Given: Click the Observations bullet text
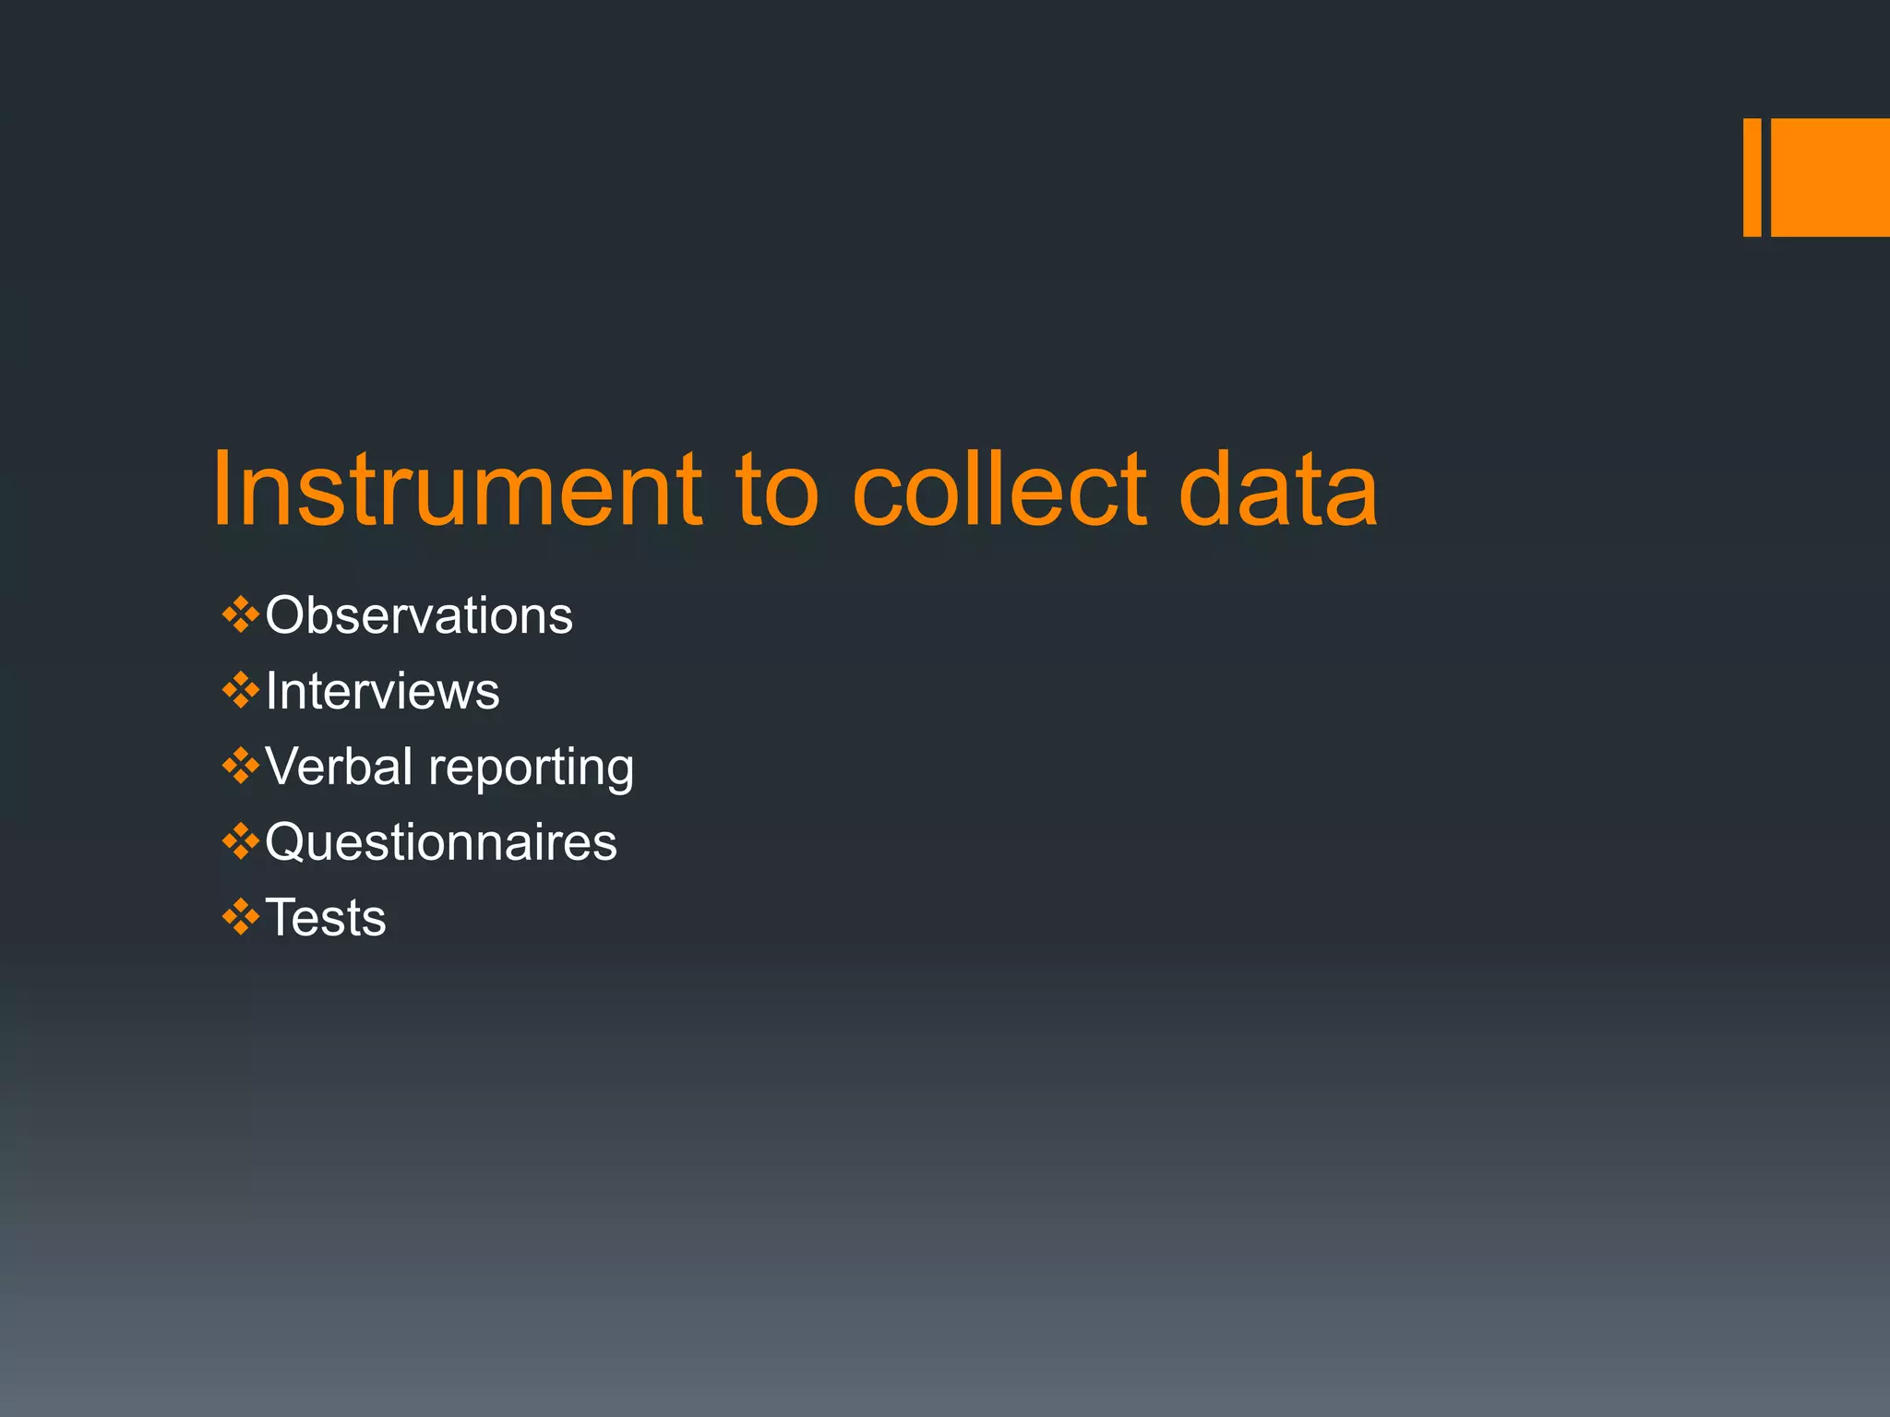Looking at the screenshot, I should point(419,615).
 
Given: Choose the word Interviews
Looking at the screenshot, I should point(382,691).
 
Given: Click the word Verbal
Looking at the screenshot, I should point(339,767).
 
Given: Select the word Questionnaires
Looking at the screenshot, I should point(441,842).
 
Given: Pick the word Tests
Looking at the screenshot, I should point(326,918).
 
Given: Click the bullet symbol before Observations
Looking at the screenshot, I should point(240,615).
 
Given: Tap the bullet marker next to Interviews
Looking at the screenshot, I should point(240,691).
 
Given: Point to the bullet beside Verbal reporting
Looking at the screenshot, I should point(240,767).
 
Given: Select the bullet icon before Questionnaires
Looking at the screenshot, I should point(240,842).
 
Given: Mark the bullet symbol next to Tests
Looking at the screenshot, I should point(240,918).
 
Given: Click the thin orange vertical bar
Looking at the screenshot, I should point(1752,177).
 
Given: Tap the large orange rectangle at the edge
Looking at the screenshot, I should point(1830,177).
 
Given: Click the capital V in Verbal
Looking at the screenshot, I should point(283,767).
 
